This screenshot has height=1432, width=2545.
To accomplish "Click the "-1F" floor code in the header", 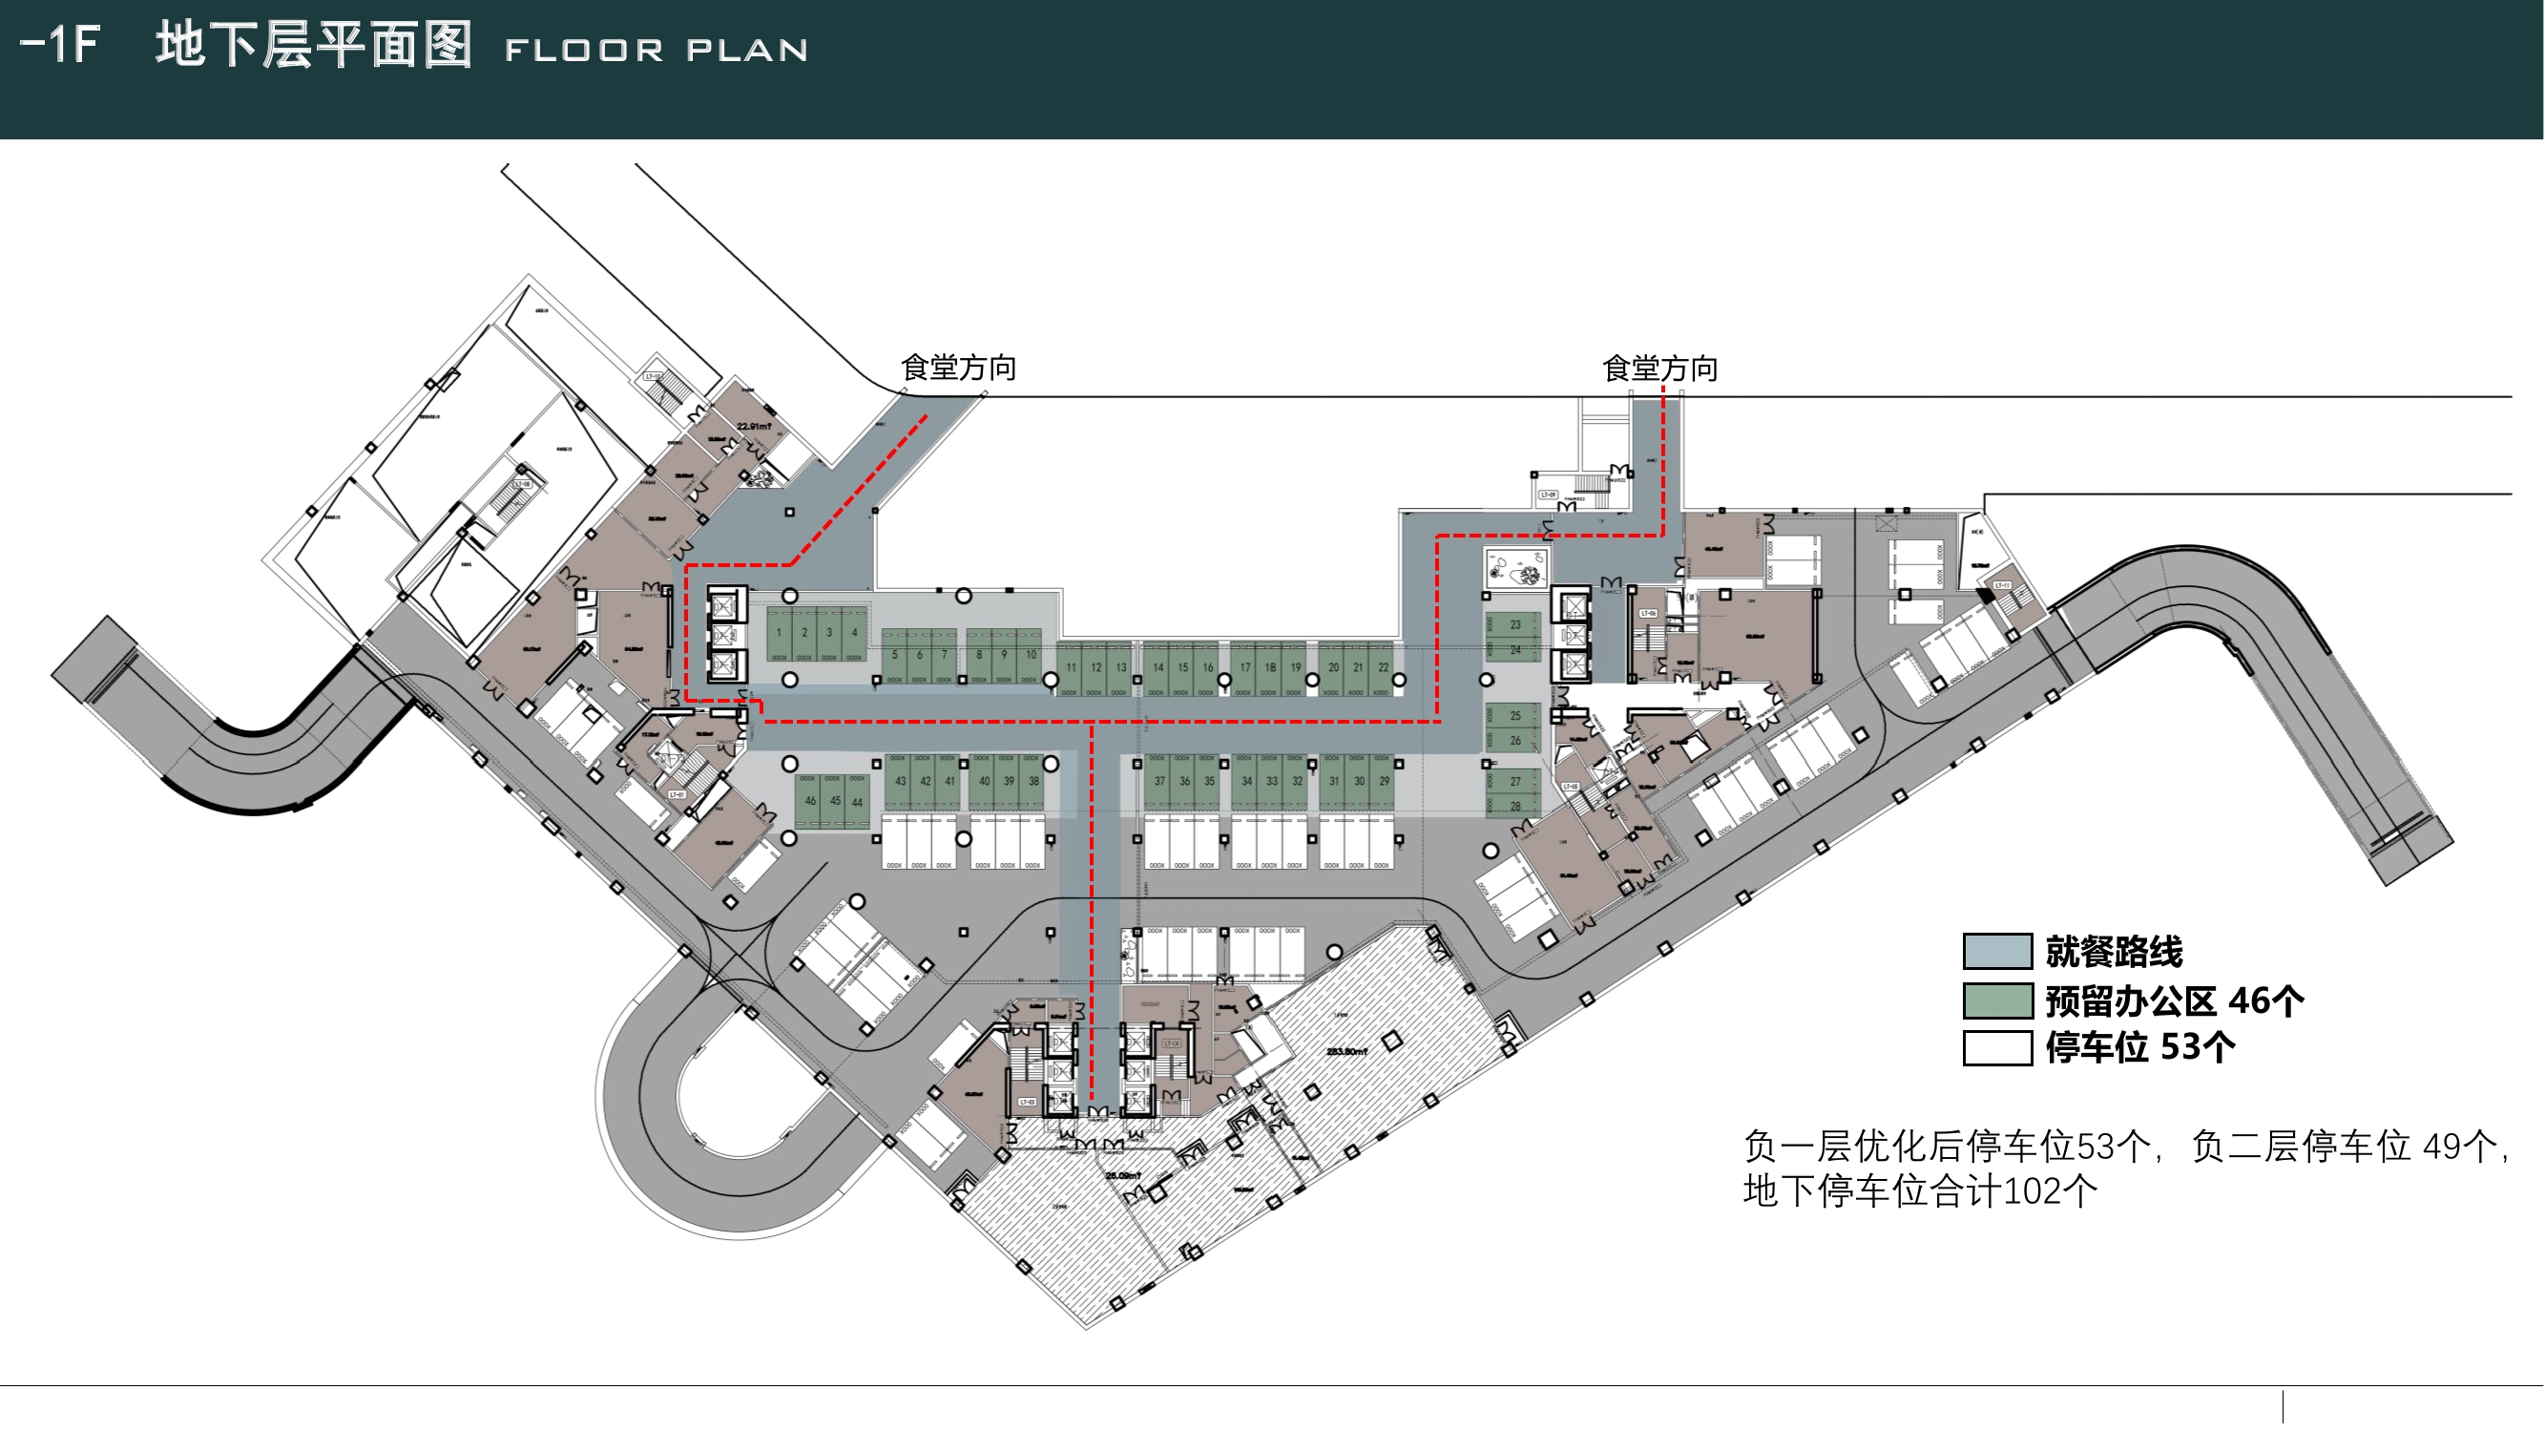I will (x=60, y=46).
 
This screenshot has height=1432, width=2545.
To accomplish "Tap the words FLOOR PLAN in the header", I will (x=656, y=51).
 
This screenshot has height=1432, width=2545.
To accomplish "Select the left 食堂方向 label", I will (x=957, y=369).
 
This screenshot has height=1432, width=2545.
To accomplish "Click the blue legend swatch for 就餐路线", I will (x=1995, y=952).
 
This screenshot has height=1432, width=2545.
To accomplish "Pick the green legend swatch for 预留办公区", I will (x=1995, y=1000).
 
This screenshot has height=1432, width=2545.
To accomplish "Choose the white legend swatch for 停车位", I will (x=1995, y=1047).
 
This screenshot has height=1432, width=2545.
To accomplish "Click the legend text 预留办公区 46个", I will (x=2174, y=1001).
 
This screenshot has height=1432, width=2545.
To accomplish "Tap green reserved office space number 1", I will (x=779, y=634).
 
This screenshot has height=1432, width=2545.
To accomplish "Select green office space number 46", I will (x=810, y=801).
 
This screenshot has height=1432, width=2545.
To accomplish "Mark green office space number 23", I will (x=1514, y=624).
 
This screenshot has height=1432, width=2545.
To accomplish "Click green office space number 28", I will (x=1514, y=807).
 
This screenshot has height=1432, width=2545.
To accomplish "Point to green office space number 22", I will (x=1383, y=667).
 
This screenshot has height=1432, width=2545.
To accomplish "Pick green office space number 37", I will (x=1158, y=781).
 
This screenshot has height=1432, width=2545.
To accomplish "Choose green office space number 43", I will (x=900, y=781).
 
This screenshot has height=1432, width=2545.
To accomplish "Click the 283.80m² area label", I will (x=1346, y=1051).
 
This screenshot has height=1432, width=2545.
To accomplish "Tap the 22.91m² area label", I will (x=754, y=426).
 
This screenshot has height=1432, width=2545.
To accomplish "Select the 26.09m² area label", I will (x=1122, y=1176).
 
